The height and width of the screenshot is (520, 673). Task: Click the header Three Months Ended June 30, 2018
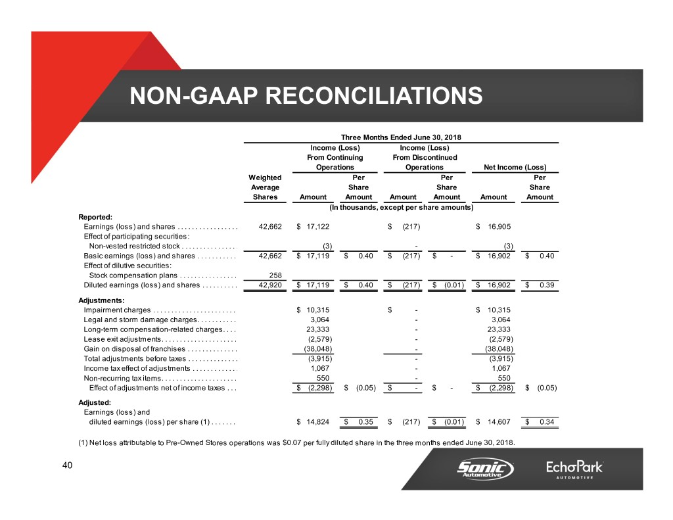(401, 137)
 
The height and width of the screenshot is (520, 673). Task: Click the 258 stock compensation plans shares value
(276, 275)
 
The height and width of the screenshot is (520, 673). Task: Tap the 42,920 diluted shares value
(270, 285)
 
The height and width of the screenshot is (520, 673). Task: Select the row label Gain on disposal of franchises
(134, 348)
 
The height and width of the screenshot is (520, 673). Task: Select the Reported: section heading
(96, 215)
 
